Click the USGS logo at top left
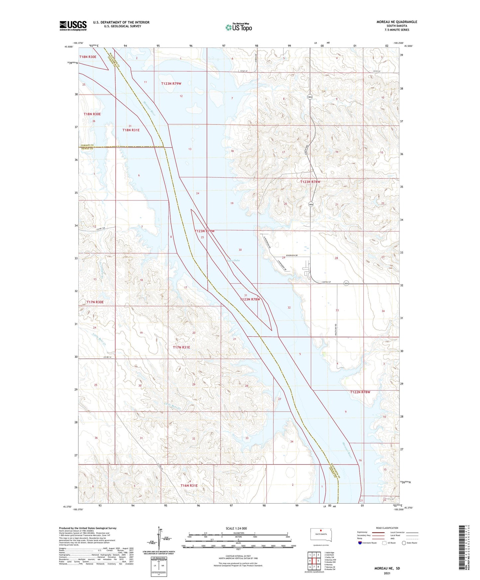coord(73,26)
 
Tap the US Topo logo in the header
coord(239,27)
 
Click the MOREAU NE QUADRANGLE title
coord(397,22)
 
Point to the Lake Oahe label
coord(233,260)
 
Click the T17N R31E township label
coord(181,347)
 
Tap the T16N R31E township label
coord(189,486)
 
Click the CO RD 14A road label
coord(101,229)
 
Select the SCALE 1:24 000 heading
coord(236,529)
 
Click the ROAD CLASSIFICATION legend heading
coord(387,528)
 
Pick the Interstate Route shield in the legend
coord(360,543)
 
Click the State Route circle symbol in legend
coord(404,543)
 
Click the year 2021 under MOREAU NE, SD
coord(387,573)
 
